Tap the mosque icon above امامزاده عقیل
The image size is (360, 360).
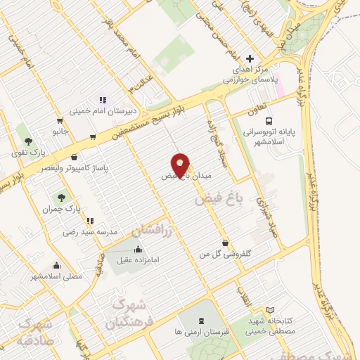point(139,249)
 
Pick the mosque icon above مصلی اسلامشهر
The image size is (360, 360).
point(56,266)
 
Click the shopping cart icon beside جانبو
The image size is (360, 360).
point(94,136)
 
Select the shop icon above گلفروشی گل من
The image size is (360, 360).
point(225,243)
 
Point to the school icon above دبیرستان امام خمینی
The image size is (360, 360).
point(102,100)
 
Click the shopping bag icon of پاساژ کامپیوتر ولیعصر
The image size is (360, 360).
point(74,158)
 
